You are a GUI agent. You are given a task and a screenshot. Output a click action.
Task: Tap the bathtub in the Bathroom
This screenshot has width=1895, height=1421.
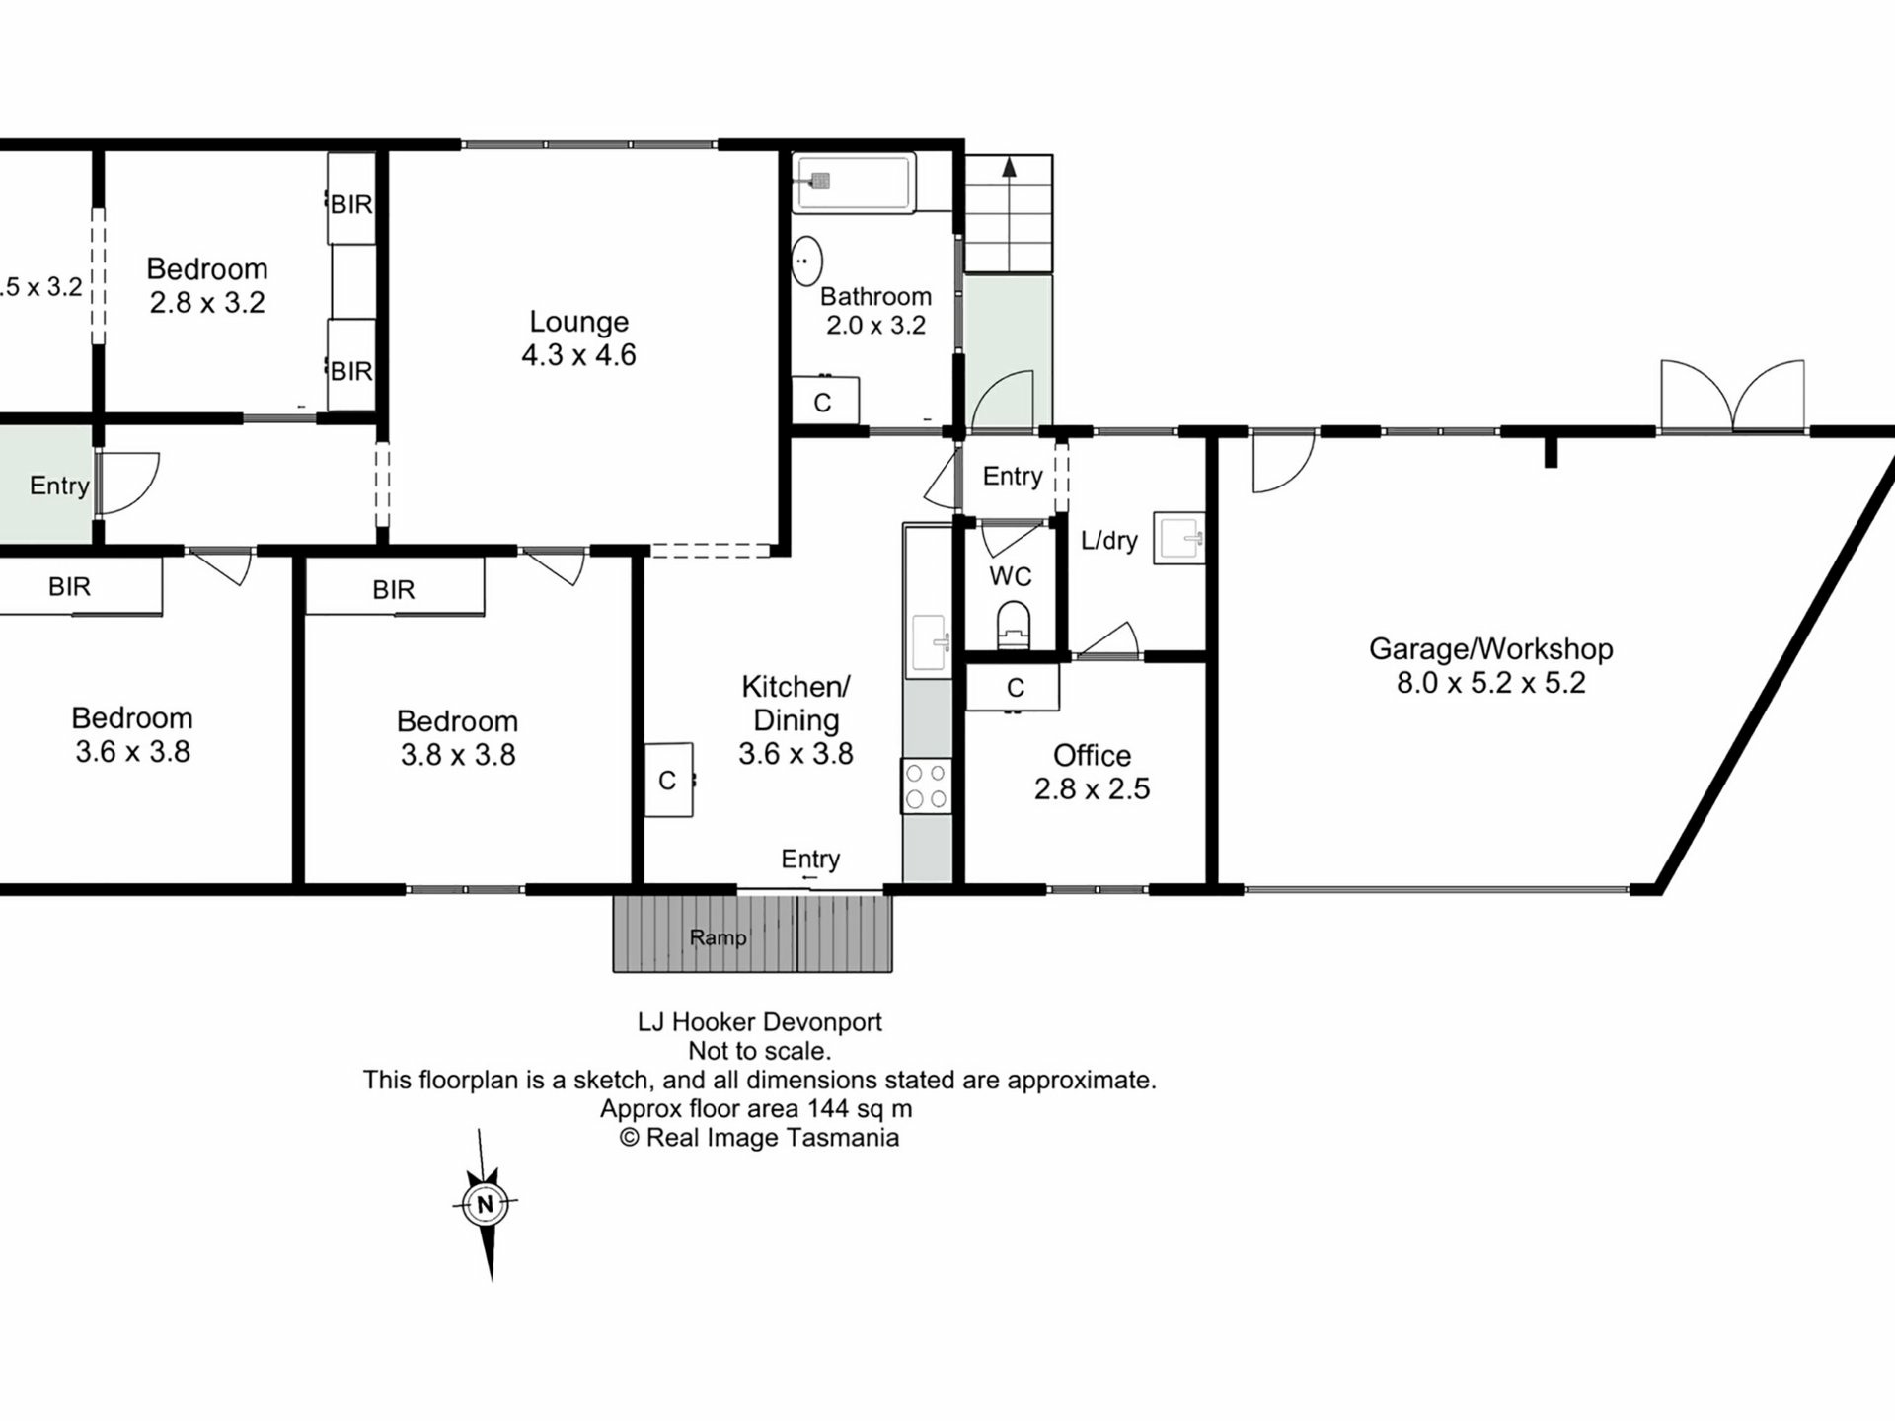[x=854, y=182]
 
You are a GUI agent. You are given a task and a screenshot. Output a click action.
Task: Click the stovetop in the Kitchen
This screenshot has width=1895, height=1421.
[x=926, y=786]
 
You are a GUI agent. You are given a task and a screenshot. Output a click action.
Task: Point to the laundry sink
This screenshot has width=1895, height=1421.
[x=1179, y=539]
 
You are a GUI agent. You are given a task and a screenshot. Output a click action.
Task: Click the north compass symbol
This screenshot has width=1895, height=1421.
[x=486, y=1205]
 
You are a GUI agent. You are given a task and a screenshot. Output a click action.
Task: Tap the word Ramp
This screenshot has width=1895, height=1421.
[x=718, y=937]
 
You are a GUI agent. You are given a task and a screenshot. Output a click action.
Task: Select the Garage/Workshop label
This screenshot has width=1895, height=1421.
[x=1490, y=649]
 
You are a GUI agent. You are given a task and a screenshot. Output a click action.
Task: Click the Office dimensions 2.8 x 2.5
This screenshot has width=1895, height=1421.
[x=1092, y=789]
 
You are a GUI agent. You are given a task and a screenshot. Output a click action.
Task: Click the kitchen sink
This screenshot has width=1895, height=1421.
[x=929, y=644]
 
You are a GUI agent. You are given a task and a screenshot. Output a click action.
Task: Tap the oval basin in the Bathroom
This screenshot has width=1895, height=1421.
[x=807, y=262]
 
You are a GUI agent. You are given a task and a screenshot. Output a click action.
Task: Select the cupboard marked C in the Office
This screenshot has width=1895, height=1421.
[x=1012, y=687]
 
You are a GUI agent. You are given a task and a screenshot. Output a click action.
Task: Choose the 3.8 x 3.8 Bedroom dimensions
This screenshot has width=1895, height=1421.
[x=458, y=755]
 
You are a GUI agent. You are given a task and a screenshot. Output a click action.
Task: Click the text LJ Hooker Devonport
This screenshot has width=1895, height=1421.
[x=759, y=1022]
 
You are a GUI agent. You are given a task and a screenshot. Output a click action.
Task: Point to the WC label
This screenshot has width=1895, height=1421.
[x=1011, y=576]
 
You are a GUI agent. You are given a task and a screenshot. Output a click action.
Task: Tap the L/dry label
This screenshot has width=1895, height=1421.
[x=1109, y=540]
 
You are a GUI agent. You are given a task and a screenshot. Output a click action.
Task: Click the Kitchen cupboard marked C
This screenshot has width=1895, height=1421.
[x=669, y=780]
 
